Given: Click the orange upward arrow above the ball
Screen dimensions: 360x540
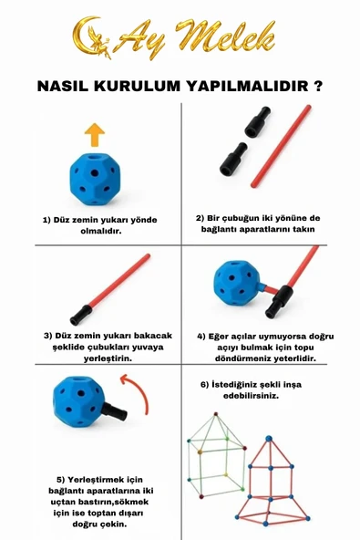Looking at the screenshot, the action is [95, 135].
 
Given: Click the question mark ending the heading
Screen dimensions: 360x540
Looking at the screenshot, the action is [318, 86].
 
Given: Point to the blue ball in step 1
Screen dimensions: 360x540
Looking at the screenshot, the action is [95, 179].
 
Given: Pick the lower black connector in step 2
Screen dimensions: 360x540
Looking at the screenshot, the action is [233, 159].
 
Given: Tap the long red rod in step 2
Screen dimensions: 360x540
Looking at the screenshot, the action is [282, 146].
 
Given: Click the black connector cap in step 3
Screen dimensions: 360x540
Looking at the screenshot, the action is [81, 315].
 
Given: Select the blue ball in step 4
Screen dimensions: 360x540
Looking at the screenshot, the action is [237, 284].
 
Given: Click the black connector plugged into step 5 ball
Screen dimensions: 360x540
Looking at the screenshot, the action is [114, 410].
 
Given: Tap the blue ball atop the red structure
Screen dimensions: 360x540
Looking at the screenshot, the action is [269, 439].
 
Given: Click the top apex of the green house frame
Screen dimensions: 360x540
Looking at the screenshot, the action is [216, 413].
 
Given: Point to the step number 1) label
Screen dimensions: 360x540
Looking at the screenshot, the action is [46, 220].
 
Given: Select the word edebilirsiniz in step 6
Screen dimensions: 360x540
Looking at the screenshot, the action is [251, 396].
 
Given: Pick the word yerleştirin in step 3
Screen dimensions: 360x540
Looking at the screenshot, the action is [108, 358].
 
